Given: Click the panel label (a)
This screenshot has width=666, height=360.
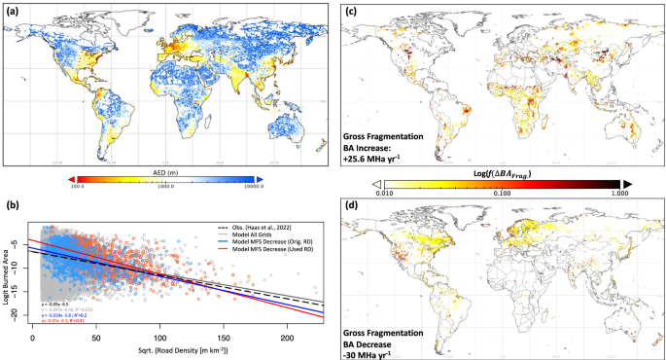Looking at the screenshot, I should pos(13,12).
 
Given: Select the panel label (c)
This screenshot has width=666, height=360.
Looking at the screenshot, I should pos(351,12).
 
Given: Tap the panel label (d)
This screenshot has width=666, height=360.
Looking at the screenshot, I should pos(351,205).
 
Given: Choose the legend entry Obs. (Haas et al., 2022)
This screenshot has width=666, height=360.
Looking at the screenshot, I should pos(271,224).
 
